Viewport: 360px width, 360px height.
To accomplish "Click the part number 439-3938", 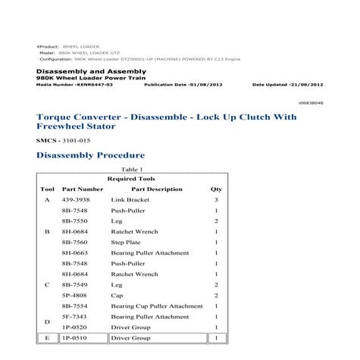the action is (x=77, y=199).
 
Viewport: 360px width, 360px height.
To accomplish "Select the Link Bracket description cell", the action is (x=130, y=199).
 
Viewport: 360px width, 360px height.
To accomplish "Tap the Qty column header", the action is (x=216, y=189).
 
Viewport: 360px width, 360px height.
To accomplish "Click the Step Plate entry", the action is (x=127, y=242).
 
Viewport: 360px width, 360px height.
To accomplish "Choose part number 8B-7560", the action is (x=77, y=242).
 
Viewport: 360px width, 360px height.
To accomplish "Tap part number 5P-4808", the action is (x=77, y=295).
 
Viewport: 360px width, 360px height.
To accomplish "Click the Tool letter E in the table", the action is (x=47, y=337).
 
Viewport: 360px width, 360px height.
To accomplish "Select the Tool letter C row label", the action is (x=47, y=284).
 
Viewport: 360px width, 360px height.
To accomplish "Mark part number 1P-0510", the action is (x=77, y=337).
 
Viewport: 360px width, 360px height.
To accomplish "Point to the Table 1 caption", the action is (x=132, y=170).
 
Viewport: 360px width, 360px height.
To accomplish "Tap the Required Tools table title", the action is (x=132, y=178).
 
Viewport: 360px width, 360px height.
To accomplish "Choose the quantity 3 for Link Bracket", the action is (x=216, y=199).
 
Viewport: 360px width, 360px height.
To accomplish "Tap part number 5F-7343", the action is (x=77, y=316).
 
